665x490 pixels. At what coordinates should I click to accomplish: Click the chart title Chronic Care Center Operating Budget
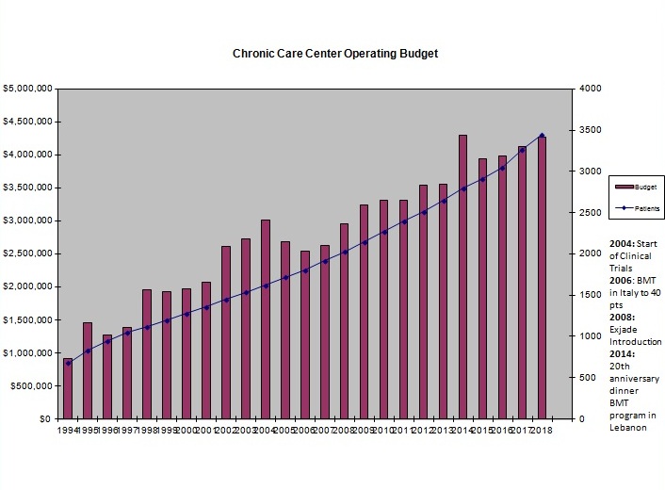tap(335, 54)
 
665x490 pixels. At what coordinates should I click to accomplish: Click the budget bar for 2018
tap(541, 277)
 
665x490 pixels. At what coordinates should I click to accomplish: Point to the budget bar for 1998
tap(147, 353)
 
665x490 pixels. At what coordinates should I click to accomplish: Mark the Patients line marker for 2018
tap(542, 135)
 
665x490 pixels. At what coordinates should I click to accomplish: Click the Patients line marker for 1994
tap(68, 363)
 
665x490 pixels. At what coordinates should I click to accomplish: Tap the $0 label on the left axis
tap(42, 418)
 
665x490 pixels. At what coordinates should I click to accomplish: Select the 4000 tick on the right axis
tap(591, 89)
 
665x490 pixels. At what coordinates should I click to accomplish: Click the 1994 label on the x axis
tap(68, 430)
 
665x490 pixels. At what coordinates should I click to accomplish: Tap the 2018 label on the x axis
tap(542, 430)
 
